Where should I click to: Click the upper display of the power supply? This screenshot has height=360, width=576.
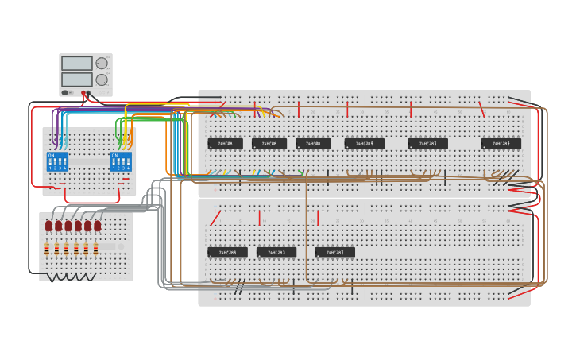(77, 64)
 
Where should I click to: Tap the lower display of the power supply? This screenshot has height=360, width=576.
(77, 79)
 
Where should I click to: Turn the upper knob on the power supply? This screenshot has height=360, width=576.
(102, 64)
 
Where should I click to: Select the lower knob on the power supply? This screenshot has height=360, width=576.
(102, 79)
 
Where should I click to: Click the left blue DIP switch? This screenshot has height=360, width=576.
(57, 162)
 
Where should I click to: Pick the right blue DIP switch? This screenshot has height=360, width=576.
(121, 162)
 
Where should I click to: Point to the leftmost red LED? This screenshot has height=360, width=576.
(48, 226)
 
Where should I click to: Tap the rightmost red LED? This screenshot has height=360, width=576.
(97, 226)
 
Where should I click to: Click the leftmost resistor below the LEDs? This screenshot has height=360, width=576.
(47, 250)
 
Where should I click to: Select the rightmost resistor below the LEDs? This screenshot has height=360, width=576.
(95, 250)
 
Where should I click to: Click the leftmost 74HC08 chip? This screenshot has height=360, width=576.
(225, 144)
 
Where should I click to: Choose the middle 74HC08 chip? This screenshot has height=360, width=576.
(269, 144)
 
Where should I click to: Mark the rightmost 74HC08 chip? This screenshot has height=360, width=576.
(313, 144)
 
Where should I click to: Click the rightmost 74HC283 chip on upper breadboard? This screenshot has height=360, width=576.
(501, 144)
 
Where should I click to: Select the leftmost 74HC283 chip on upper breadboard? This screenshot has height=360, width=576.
(365, 144)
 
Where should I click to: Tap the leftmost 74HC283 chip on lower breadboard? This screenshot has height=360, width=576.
(227, 253)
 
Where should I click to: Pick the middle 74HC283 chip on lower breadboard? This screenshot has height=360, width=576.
(276, 253)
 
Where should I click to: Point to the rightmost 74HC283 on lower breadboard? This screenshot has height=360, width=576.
(335, 253)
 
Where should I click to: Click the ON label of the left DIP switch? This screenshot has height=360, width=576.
(51, 155)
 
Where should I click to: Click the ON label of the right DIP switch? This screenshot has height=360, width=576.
(114, 155)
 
